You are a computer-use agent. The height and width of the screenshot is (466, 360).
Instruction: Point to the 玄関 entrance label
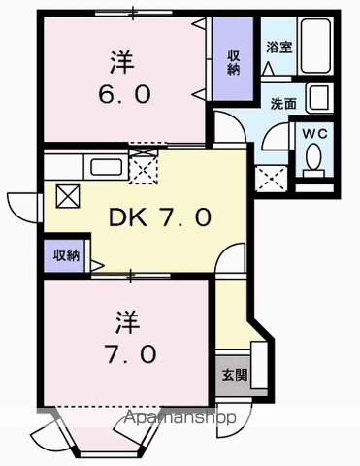[233, 375]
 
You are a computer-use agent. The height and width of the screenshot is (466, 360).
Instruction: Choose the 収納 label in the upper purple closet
[234, 61]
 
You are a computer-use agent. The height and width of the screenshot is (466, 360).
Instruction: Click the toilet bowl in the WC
[313, 157]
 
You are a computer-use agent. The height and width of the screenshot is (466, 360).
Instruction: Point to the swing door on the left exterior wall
[21, 206]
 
